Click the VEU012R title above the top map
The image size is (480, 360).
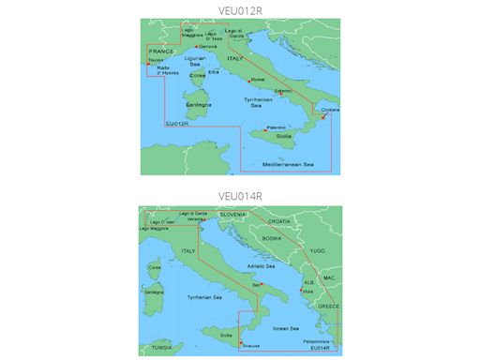click(x=239, y=8)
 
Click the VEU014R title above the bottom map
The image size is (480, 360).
click(x=239, y=196)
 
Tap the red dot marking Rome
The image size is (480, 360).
click(x=250, y=80)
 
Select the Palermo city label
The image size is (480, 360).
click(x=276, y=127)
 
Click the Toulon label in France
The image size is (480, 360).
click(x=155, y=60)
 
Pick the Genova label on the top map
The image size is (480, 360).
click(x=208, y=46)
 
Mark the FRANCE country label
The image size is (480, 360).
click(x=162, y=52)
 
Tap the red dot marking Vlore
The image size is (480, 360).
click(x=305, y=290)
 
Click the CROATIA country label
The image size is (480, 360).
click(x=279, y=220)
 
